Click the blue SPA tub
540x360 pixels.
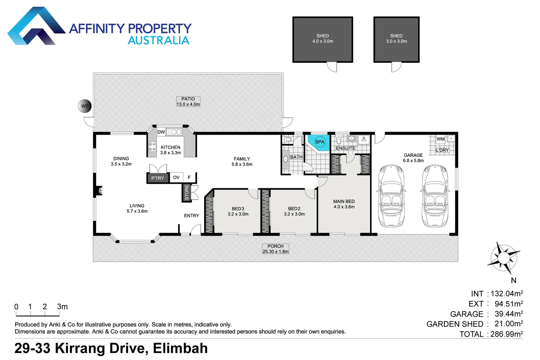coord(319,142)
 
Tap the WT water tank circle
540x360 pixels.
coord(85,106)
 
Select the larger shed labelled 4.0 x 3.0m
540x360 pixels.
coord(322,39)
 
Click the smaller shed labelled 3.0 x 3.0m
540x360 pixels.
coord(396,39)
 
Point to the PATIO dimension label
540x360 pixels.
coord(188,102)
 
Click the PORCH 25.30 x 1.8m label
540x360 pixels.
coord(275,249)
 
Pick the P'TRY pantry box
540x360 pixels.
coord(158,178)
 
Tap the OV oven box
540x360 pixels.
coord(176,177)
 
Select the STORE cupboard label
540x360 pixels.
coord(187,193)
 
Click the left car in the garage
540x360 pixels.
coord(392,196)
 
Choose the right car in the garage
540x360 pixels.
coord(435,196)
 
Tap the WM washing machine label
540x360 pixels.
coord(440,139)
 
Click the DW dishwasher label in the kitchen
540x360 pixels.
coord(161,132)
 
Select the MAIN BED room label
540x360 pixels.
coord(344,204)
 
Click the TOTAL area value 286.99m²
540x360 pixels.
coord(506,334)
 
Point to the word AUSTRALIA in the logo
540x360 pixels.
coord(158,40)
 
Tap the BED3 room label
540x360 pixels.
coord(238,211)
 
